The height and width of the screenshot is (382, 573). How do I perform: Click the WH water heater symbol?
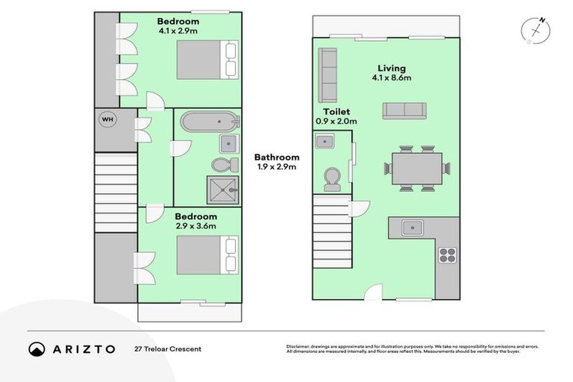tap(107, 119)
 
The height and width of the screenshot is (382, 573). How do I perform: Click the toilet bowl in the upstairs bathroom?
tap(222, 164)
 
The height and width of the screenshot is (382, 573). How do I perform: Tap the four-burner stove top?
tap(446, 255)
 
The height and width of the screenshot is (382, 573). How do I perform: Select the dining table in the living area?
tap(417, 168)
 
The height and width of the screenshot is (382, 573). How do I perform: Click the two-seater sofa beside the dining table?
tap(404, 111)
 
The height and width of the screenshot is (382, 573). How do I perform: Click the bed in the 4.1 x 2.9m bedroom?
tap(207, 59)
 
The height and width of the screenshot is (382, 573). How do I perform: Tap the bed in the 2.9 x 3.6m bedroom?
tap(207, 254)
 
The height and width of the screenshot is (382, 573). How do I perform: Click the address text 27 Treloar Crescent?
tap(168, 348)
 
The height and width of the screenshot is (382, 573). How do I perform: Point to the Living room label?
tap(392, 67)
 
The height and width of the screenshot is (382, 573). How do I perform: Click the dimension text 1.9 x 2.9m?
tap(277, 167)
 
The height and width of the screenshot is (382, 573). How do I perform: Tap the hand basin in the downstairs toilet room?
tap(325, 141)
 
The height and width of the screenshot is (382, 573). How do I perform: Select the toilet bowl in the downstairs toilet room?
tap(331, 178)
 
